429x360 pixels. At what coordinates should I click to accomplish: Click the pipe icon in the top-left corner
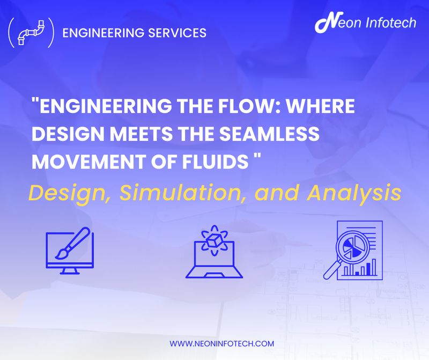point(31,33)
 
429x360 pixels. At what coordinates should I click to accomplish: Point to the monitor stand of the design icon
point(69,270)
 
